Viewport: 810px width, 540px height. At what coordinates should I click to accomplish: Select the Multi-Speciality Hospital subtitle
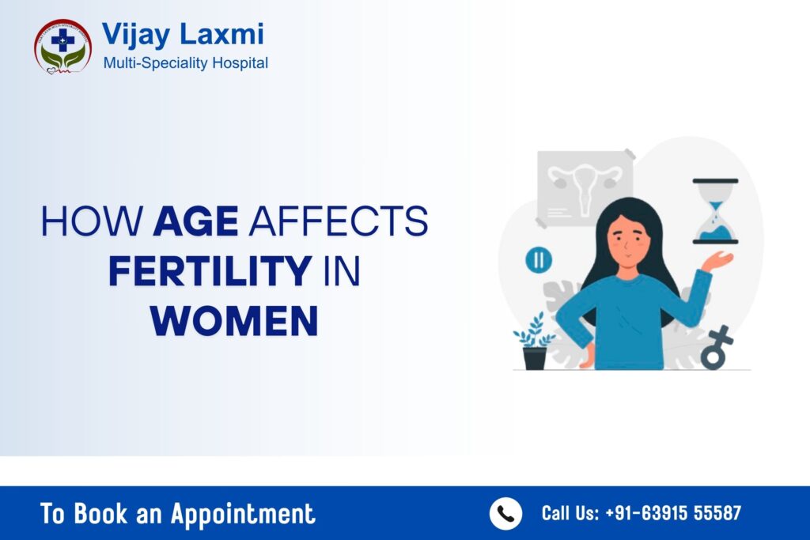click(x=186, y=62)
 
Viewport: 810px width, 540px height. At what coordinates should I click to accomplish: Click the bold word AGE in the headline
click(x=195, y=222)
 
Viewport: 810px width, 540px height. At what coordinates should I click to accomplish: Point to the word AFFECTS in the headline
click(x=338, y=222)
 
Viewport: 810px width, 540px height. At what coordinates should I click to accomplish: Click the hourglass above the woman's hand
click(x=715, y=211)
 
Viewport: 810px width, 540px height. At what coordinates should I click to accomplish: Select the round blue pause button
click(x=539, y=259)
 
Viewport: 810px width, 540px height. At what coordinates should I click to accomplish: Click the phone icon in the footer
click(x=505, y=514)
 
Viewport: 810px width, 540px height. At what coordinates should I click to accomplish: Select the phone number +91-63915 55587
click(x=673, y=514)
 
